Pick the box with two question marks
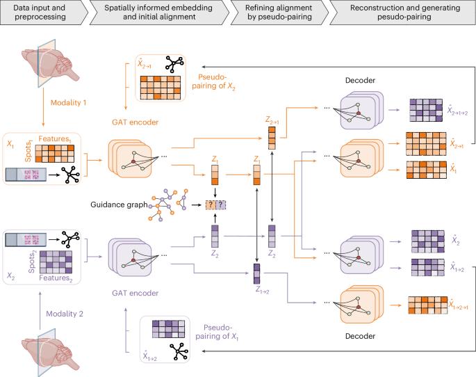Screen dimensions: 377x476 pos(215,204)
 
